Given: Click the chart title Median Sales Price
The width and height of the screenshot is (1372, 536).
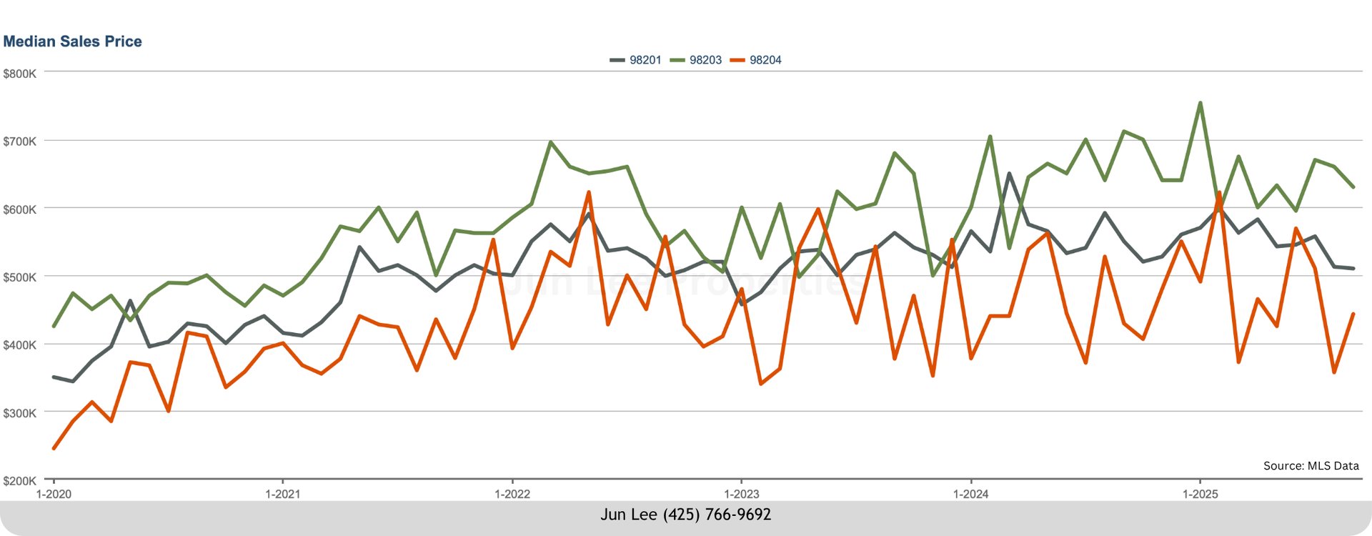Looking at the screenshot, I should click(72, 41).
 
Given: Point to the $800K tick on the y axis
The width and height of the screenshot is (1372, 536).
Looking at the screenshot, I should click(19, 74).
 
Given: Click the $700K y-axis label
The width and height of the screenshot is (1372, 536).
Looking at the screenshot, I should click(19, 142).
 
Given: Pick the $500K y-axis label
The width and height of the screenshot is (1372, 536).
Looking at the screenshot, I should click(19, 277).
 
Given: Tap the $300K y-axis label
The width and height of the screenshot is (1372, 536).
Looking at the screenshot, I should click(19, 413).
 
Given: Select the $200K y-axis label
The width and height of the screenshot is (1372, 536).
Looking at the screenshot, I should click(19, 481).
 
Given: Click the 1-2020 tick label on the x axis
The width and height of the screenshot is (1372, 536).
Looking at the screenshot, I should click(54, 494).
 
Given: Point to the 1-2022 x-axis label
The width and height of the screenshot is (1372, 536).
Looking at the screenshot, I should click(512, 494).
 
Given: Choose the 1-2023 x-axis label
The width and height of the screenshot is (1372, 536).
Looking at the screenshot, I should click(742, 494).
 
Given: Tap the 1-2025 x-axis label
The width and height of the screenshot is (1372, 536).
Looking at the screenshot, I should click(1200, 494).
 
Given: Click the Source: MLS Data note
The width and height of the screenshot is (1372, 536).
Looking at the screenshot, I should click(1311, 466).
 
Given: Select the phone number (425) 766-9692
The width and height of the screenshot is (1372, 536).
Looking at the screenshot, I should click(717, 515).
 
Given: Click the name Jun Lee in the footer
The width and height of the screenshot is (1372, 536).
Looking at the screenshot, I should click(628, 515).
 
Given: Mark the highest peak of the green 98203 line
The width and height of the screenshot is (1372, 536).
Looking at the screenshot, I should click(1200, 103).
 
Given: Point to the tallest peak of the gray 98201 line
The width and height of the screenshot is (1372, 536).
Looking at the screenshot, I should click(1009, 174).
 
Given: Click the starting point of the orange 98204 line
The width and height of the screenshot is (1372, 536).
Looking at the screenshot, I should click(54, 449).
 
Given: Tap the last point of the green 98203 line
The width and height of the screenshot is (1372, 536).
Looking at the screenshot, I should click(1353, 187).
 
